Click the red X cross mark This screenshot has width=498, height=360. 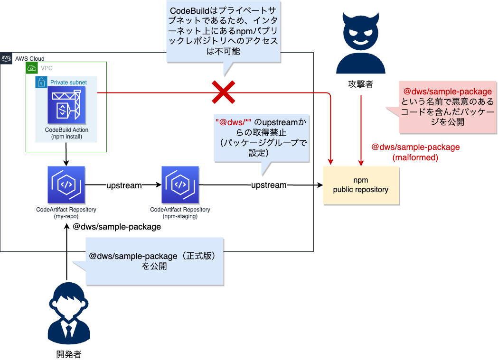[224, 92]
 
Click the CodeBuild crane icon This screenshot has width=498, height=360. [66, 105]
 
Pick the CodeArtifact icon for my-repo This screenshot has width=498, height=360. [66, 185]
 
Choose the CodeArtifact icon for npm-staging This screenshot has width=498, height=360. [180, 185]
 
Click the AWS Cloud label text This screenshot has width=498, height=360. [30, 58]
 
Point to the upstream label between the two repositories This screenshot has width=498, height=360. [123, 185]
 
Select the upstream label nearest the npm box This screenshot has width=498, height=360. [269, 185]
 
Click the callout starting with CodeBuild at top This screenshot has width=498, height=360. [223, 31]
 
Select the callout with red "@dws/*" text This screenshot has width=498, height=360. [261, 137]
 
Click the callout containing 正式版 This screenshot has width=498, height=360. [154, 261]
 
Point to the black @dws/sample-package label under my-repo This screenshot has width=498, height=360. [116, 227]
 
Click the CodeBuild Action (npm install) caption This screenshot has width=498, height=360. [66, 133]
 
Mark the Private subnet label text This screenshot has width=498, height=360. [68, 82]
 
